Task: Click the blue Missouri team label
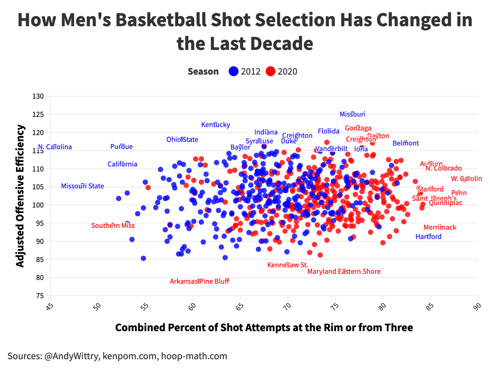click(352, 114)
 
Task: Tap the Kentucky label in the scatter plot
click(215, 125)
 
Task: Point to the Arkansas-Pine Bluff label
click(199, 281)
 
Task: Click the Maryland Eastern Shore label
click(344, 272)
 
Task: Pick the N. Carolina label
click(55, 147)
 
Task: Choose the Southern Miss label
click(113, 226)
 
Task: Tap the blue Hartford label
click(428, 237)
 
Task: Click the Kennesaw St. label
click(288, 265)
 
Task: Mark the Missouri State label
click(82, 186)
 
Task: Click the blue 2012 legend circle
click(234, 72)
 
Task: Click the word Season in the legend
click(203, 72)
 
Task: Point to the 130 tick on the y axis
click(38, 97)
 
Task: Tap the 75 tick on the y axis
click(40, 296)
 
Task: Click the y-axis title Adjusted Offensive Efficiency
click(20, 196)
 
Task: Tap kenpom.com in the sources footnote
click(130, 356)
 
